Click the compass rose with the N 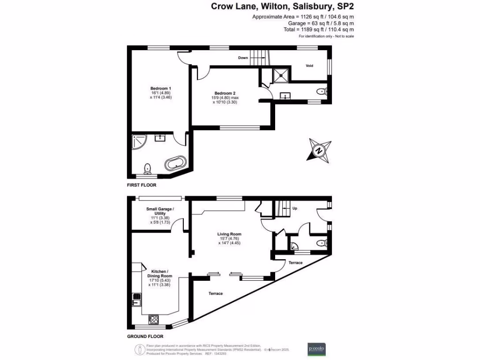click(319, 150)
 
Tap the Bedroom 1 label click(160, 89)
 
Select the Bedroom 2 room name click(225, 93)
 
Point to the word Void click(309, 66)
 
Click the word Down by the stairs click(243, 58)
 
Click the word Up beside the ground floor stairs click(294, 208)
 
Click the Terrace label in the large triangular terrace click(216, 293)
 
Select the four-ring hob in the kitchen click(153, 320)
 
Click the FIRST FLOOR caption click(142, 185)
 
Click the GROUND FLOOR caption click(145, 337)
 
